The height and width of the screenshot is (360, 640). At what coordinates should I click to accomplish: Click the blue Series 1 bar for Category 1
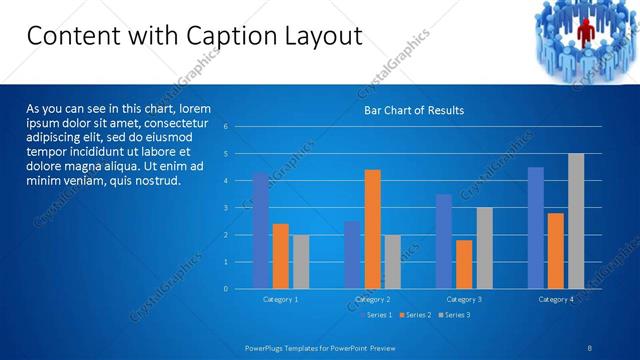(261, 231)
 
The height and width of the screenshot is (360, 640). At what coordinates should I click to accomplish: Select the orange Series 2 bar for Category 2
(372, 229)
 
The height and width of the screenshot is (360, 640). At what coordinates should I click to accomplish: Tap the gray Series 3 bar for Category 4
(576, 221)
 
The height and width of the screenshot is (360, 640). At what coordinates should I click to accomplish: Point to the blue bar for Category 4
(536, 228)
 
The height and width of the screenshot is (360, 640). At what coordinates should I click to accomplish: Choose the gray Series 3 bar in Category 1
(300, 262)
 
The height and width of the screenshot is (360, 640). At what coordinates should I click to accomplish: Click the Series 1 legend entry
(376, 315)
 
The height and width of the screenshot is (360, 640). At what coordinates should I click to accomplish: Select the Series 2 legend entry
(415, 315)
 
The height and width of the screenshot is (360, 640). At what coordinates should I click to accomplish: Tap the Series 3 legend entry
(454, 315)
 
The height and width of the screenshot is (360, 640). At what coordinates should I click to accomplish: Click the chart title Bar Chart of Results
(413, 110)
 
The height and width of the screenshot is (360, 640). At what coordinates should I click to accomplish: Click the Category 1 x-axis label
(280, 299)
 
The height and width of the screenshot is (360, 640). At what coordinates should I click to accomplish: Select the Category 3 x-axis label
(464, 299)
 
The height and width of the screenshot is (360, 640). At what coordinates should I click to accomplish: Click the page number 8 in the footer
(590, 347)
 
